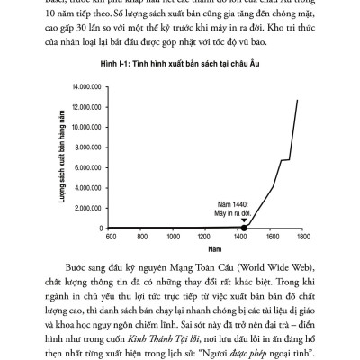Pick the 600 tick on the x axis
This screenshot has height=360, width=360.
pos(112,237)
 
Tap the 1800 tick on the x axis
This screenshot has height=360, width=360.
pos(303,237)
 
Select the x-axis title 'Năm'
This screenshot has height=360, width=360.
pos(207,248)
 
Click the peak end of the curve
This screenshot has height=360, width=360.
pos(298,100)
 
